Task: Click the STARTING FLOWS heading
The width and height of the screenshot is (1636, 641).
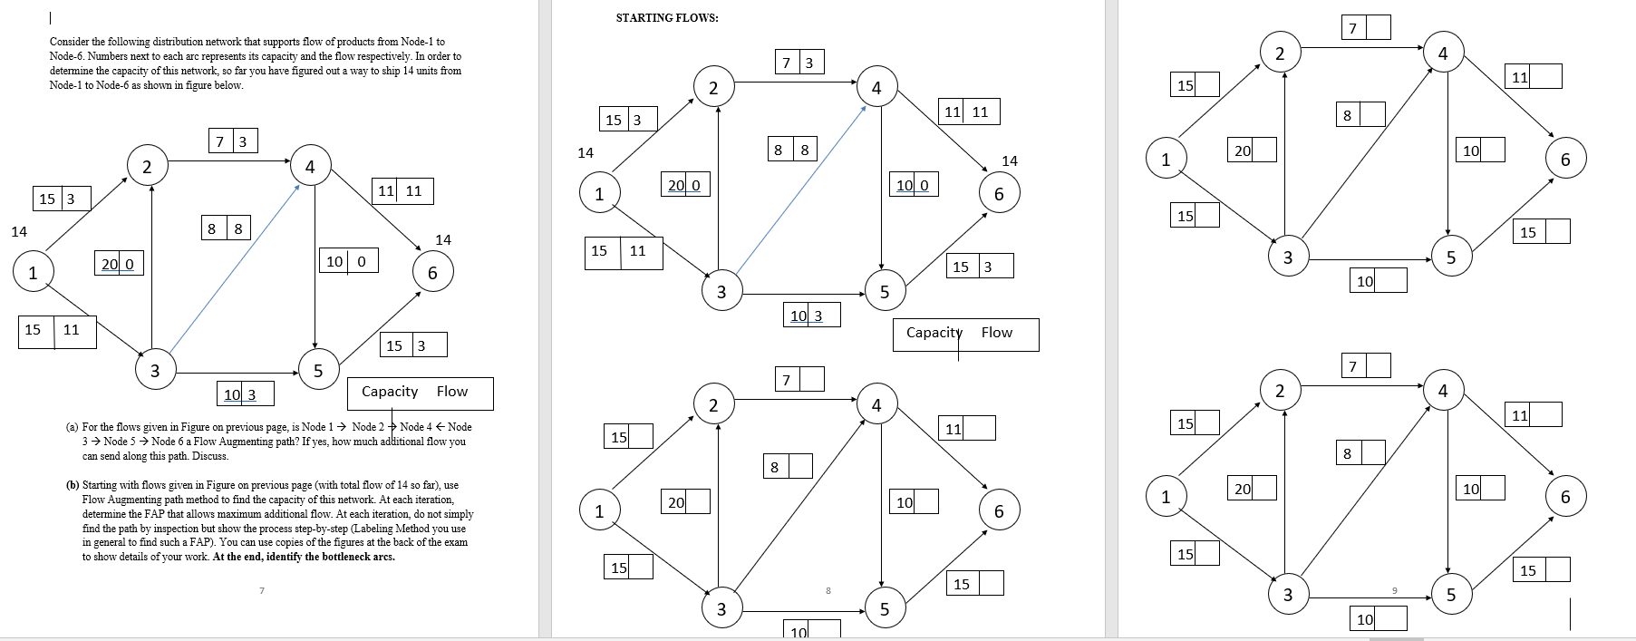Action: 667,18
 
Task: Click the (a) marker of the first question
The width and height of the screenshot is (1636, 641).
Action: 72,427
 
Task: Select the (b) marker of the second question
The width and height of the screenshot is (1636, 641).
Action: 72,485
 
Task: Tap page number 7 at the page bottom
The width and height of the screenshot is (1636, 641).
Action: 262,591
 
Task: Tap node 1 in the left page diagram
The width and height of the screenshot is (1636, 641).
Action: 33,272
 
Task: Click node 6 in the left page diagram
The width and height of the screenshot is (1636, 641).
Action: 432,273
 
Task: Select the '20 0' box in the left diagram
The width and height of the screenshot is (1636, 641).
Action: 118,264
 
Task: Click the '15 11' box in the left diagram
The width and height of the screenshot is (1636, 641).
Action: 57,330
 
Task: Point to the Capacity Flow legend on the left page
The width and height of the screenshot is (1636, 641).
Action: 421,392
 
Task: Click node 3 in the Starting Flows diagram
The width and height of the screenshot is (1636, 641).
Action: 721,292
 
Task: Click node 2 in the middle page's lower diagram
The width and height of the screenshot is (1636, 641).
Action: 713,405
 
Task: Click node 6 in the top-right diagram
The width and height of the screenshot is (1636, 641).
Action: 1564,159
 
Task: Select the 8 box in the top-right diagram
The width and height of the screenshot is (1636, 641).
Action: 1360,115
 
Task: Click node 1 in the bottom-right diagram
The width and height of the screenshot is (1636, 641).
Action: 1166,497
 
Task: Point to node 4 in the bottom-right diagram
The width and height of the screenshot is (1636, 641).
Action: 1442,391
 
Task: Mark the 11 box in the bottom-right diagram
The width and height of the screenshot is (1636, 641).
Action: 1533,415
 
